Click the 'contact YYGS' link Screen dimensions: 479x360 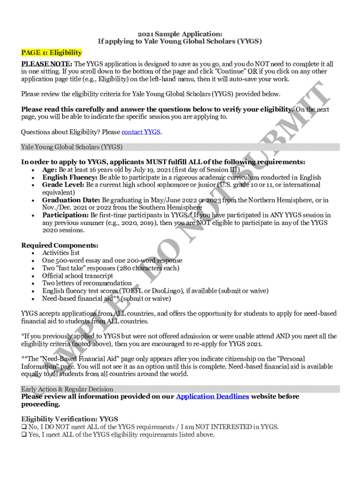141,132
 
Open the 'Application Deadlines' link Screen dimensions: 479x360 212,397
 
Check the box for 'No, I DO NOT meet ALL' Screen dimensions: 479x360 24,427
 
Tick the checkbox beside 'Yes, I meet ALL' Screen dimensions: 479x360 24,435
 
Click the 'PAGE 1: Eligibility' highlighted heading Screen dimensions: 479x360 51,53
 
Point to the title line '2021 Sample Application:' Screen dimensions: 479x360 180,34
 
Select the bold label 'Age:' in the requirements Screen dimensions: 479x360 50,170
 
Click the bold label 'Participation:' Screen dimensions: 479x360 65,215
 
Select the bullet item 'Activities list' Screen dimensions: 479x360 61,253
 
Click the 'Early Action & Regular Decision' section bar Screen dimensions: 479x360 67,389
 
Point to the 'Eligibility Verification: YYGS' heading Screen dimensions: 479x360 70,419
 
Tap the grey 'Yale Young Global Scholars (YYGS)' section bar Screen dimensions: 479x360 72,147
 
